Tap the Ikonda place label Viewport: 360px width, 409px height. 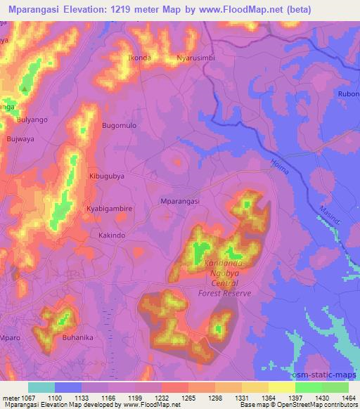(139, 58)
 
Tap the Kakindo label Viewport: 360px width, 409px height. (112, 235)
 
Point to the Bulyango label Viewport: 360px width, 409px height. (32, 120)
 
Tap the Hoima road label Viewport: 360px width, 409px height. (281, 165)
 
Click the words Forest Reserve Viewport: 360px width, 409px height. (224, 294)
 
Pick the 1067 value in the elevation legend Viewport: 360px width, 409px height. (24, 397)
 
